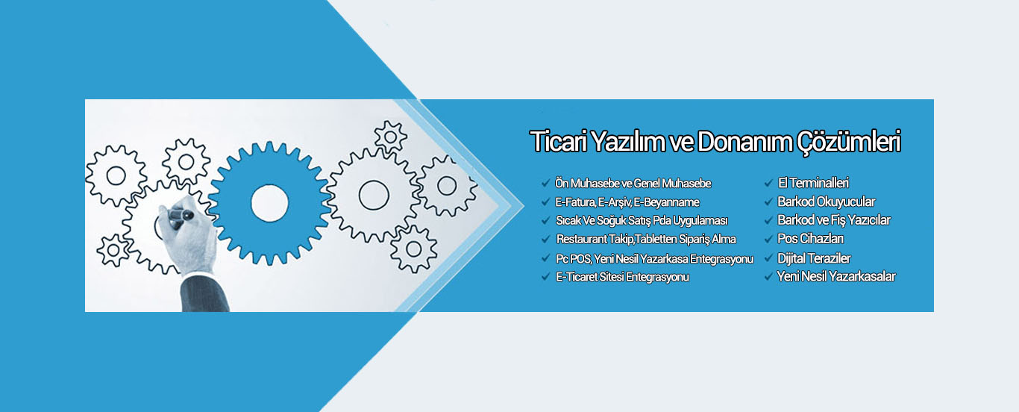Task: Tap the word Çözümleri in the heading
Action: [x=848, y=143]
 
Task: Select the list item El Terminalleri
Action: [x=813, y=183]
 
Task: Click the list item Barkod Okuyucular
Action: [x=826, y=202]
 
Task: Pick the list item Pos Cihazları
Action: [x=810, y=239]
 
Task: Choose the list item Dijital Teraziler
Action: [x=814, y=258]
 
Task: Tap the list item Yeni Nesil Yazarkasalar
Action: [x=836, y=276]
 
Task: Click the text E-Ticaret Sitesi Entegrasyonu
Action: [x=622, y=277]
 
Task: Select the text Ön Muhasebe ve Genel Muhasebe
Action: [x=633, y=184]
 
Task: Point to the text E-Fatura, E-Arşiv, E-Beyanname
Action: [x=627, y=202]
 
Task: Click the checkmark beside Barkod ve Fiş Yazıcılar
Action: [x=769, y=221]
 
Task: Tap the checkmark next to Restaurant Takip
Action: [x=546, y=240]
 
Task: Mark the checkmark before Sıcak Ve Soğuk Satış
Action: [x=546, y=221]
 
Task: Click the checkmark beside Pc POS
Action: [x=546, y=258]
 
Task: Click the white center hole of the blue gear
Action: [x=270, y=204]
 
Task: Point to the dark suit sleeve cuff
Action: [x=204, y=293]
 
